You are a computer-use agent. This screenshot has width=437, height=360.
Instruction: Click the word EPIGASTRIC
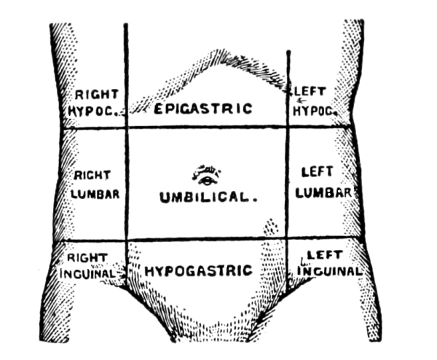pos(203,109)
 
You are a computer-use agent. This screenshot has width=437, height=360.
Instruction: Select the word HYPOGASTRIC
pos(199,271)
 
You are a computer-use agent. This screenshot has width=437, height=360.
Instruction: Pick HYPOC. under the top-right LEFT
pos(314,111)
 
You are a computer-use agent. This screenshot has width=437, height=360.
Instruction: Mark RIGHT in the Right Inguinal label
pos(87,257)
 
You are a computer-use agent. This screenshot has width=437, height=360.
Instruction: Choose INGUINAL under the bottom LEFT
pos(329,271)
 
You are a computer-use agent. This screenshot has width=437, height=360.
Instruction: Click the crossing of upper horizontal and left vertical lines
pos(126,129)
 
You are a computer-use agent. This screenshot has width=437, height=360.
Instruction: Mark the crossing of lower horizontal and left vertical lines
pos(126,240)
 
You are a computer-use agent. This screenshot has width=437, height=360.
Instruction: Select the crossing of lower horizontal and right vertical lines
pos(287,240)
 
